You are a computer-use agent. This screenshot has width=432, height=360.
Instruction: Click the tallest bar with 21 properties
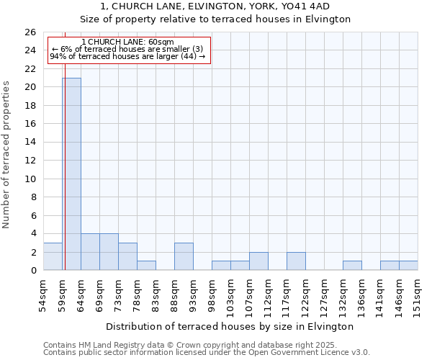71,174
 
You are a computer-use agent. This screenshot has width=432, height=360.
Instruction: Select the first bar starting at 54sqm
53,256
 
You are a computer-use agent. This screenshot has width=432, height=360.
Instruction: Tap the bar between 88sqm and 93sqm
184,256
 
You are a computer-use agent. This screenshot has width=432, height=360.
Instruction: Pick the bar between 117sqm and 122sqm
296,261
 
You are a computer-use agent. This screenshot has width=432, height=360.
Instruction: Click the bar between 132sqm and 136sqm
352,266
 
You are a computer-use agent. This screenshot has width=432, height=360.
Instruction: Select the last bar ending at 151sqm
408,266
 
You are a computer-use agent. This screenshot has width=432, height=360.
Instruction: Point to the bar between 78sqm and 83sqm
146,266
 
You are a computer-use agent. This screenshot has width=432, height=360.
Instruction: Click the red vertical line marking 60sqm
65,180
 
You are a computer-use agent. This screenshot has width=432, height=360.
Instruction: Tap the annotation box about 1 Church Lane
129,50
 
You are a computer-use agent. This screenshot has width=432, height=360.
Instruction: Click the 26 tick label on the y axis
30,32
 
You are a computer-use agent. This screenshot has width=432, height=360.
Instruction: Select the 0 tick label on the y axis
33,271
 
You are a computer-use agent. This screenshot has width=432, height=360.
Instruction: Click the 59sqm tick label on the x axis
62,294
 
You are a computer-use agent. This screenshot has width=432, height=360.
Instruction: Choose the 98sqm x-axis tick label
212,294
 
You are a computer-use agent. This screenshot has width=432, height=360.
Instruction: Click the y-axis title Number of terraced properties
6,154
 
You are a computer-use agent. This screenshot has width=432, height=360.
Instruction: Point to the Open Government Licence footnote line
207,353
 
